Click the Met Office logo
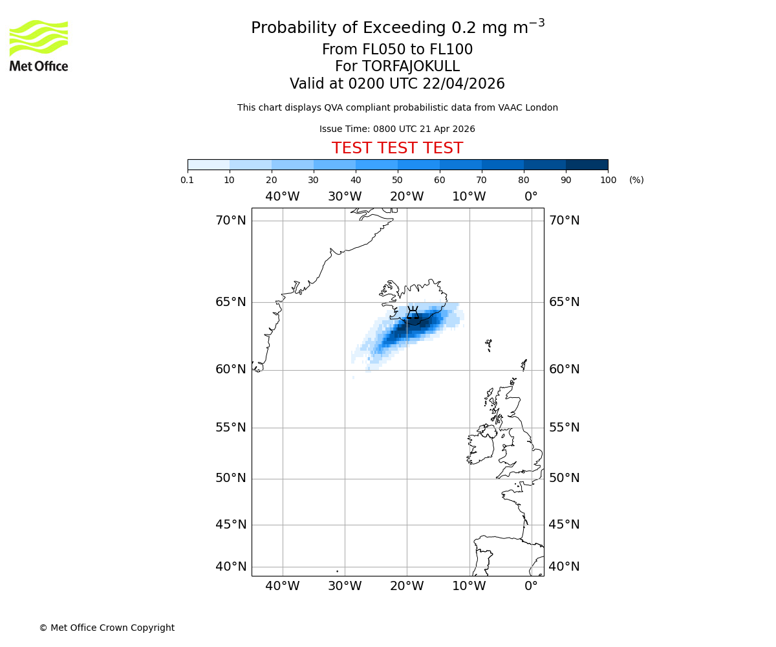(39, 45)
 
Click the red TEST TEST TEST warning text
(397, 149)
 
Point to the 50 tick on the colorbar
(398, 180)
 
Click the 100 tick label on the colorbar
(608, 180)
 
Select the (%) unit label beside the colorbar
(636, 180)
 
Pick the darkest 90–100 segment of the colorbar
(587, 164)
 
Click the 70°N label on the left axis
(230, 221)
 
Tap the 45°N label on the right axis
(564, 525)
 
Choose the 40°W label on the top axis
(283, 197)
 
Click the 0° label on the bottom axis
(531, 586)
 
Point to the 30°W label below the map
(345, 586)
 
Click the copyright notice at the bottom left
(107, 628)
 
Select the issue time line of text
(397, 129)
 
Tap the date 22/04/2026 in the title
(464, 84)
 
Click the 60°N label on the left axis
(230, 369)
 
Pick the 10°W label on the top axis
(469, 197)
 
